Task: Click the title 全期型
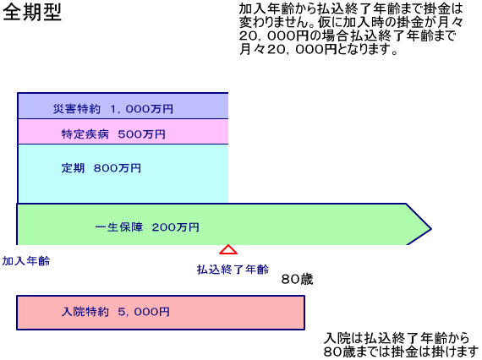point(32,13)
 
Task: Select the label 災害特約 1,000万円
point(112,109)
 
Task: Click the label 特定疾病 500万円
point(113,134)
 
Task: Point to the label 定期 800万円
point(101,168)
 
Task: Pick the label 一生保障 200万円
point(147,227)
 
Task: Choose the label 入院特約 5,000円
point(116,312)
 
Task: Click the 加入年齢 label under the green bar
point(26,261)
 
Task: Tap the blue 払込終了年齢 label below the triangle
point(233,270)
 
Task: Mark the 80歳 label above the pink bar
point(298,279)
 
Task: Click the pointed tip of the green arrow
point(431,228)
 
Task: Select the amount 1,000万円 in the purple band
point(142,109)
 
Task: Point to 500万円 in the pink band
point(142,134)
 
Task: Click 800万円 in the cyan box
point(118,168)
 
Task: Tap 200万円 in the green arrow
point(176,227)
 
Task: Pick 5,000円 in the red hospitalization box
point(144,312)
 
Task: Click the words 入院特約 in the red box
point(85,312)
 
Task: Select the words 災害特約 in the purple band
point(77,109)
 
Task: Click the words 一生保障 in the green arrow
point(119,227)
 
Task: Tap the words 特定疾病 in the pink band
point(85,134)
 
